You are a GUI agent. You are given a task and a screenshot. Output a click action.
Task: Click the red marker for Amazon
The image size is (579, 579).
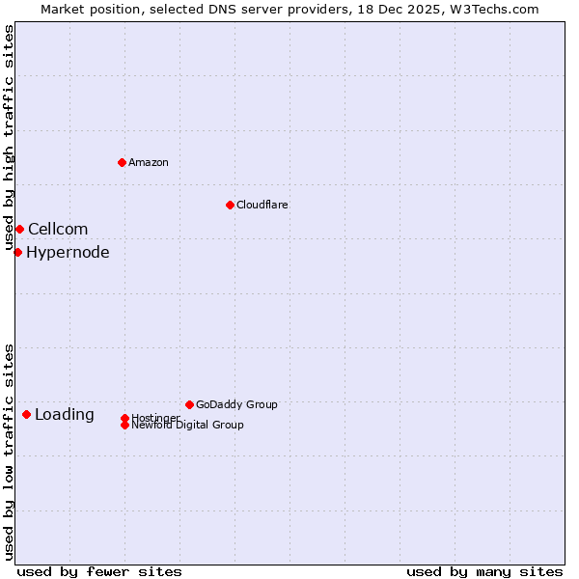click(x=122, y=162)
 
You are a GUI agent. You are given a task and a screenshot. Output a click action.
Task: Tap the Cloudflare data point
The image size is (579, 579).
click(x=230, y=205)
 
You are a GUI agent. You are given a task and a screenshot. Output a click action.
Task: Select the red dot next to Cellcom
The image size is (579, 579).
click(x=19, y=229)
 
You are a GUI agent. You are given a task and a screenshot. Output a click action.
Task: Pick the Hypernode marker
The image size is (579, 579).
click(x=17, y=252)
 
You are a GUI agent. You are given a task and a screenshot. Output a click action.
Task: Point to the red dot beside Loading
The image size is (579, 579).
click(x=26, y=414)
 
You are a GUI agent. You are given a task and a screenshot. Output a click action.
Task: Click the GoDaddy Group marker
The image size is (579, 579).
click(x=189, y=404)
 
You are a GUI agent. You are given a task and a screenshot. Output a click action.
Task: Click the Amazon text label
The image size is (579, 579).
click(x=149, y=162)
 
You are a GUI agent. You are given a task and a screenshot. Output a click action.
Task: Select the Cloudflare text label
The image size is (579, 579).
click(x=262, y=205)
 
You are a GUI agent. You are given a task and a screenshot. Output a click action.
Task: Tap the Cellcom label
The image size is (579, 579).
click(x=58, y=229)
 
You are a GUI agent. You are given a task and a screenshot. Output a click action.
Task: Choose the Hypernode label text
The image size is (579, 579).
click(x=68, y=253)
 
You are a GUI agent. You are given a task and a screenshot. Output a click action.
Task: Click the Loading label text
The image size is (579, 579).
click(x=65, y=415)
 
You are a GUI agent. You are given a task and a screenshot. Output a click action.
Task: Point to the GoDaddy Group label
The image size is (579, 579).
click(x=236, y=404)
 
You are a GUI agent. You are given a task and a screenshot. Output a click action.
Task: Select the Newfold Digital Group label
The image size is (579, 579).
click(x=188, y=426)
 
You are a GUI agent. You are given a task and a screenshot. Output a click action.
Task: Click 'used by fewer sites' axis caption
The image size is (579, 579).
click(x=99, y=571)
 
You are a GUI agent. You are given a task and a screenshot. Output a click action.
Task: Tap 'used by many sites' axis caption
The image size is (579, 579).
click(x=484, y=571)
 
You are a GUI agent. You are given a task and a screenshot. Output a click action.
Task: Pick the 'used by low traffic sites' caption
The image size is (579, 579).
click(x=10, y=452)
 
